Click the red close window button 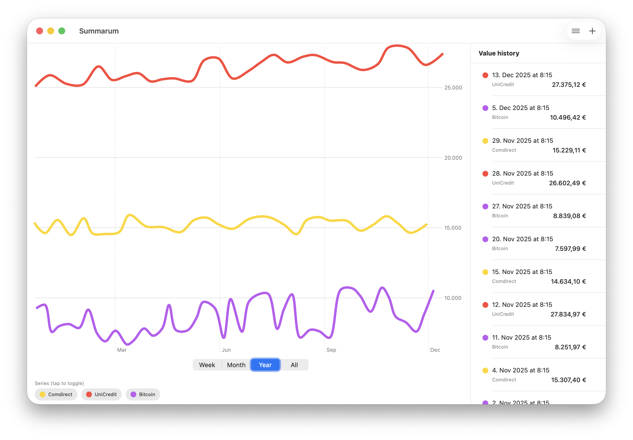click(x=39, y=31)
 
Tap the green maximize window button click(x=62, y=31)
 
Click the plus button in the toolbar click(x=592, y=31)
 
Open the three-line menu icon click(x=575, y=31)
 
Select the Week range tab click(x=207, y=365)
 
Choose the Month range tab click(x=236, y=365)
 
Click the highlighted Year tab click(x=265, y=365)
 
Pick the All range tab click(x=294, y=365)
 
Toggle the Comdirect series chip click(x=56, y=394)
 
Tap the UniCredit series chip click(x=102, y=394)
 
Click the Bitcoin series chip click(x=143, y=394)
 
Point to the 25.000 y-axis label click(x=453, y=88)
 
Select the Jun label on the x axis click(x=226, y=350)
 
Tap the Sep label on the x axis click(x=331, y=350)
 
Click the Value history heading click(x=499, y=53)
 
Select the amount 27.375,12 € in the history click(x=569, y=85)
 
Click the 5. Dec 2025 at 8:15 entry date click(x=521, y=108)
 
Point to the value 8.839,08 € click(x=569, y=216)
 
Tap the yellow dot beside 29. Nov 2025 click(x=485, y=141)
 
